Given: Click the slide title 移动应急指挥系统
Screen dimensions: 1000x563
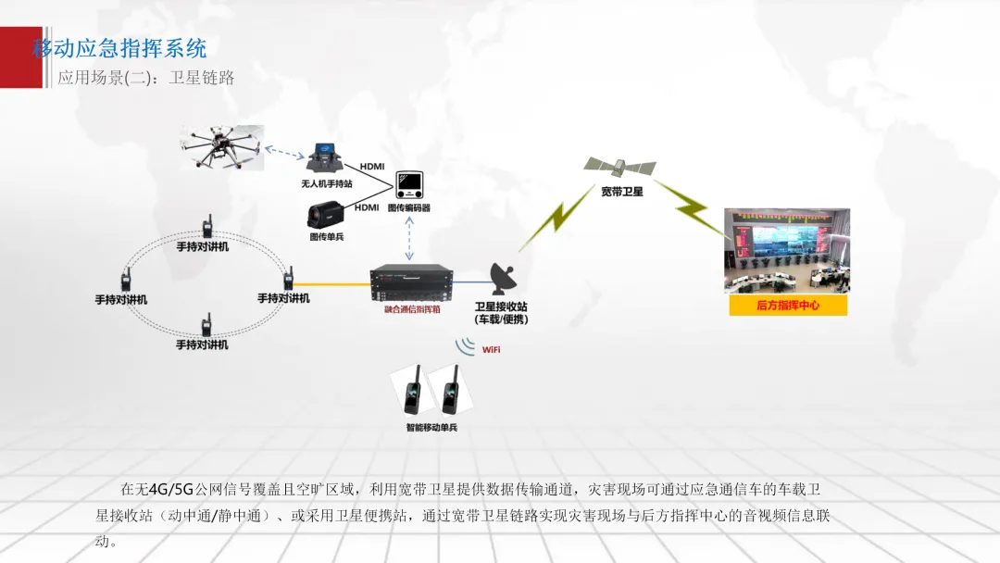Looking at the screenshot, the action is (120, 48).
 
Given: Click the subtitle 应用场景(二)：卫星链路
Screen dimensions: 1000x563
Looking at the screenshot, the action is (146, 78).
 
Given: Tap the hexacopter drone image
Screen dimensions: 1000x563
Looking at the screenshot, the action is (221, 148).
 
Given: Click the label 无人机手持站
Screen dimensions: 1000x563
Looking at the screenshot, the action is (327, 183).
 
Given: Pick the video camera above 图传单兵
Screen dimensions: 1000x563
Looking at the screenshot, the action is (328, 216).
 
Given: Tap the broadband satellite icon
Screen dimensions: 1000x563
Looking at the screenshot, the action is (619, 168).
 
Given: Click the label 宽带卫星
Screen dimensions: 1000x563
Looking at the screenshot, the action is (622, 192).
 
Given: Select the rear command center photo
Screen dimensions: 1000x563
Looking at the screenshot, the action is (786, 250).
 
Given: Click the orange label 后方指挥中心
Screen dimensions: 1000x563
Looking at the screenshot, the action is (788, 305).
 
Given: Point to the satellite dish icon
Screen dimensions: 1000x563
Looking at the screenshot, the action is (505, 278).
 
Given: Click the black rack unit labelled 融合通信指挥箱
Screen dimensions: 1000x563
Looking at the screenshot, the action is (412, 281).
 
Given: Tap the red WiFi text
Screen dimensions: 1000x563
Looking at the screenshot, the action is (491, 350).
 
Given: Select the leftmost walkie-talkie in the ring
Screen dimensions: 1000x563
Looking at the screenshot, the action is (125, 280).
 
